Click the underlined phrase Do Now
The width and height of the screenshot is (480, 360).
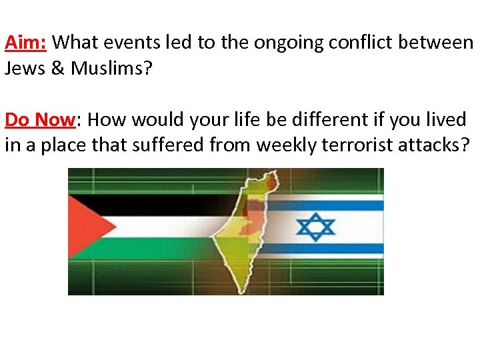(x=41, y=120)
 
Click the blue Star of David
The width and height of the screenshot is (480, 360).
(x=316, y=227)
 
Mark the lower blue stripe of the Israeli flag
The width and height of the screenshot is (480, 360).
(x=333, y=249)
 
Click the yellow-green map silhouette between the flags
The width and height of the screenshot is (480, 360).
(x=233, y=253)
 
